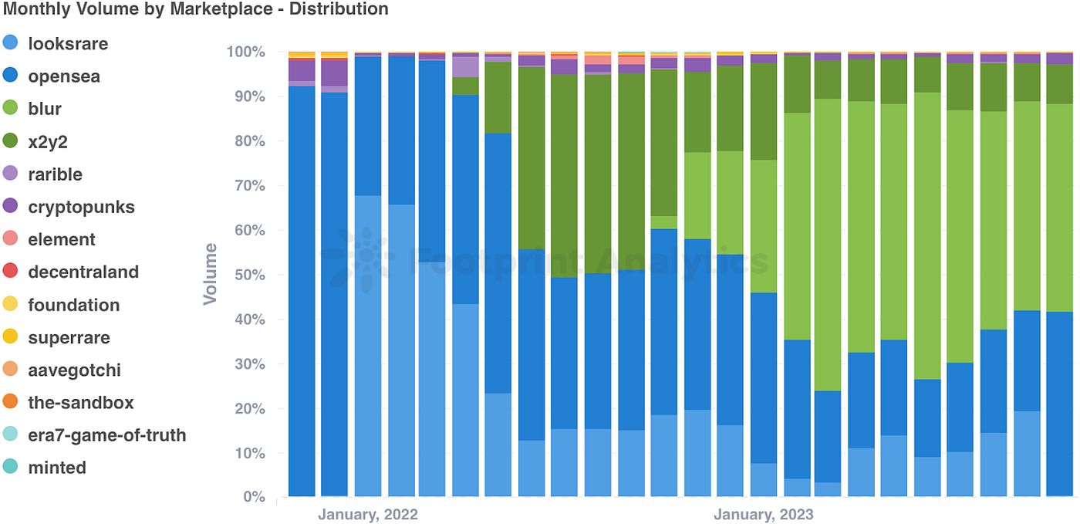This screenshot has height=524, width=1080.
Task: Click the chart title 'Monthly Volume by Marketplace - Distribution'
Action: coord(194,9)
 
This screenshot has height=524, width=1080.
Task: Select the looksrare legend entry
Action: coord(67,44)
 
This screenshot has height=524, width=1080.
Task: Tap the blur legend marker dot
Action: coord(12,109)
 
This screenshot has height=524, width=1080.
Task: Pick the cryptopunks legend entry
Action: coord(80,207)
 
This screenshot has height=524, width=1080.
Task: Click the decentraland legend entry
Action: coord(83,272)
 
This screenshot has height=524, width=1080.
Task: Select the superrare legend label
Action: coord(69,337)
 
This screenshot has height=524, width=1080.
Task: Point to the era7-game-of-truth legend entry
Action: coord(106,435)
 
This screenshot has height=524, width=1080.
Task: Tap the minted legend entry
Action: coord(56,468)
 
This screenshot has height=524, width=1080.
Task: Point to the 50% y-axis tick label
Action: coord(248,275)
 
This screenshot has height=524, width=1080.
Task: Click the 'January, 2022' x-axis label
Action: coord(367,514)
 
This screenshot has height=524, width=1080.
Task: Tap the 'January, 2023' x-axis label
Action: coord(763,514)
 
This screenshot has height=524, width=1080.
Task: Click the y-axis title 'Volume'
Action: coord(210,274)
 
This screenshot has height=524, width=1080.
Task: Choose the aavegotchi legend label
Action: coord(74,370)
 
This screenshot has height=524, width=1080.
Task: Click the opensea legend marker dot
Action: coord(12,76)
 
